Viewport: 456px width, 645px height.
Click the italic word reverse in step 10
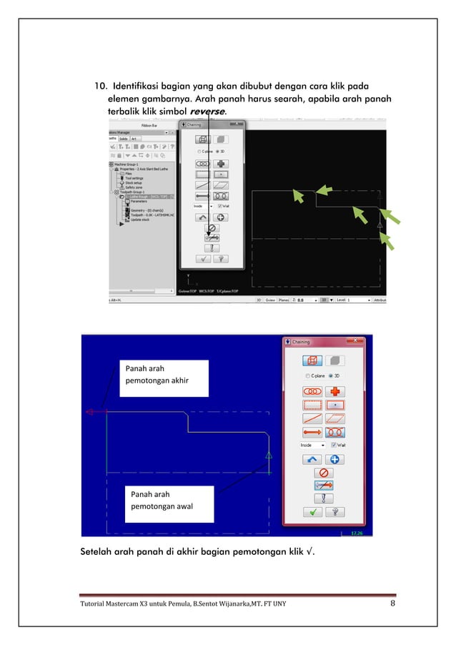(207, 112)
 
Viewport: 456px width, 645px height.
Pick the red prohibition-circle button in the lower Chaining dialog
(323, 473)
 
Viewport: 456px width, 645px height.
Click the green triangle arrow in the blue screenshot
(269, 455)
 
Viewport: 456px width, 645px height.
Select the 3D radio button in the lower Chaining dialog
(328, 375)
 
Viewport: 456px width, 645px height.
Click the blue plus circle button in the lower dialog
(334, 459)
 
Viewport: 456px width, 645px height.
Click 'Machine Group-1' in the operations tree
(129, 163)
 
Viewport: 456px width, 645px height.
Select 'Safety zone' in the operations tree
(134, 187)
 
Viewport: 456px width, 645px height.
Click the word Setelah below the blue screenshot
(99, 551)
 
